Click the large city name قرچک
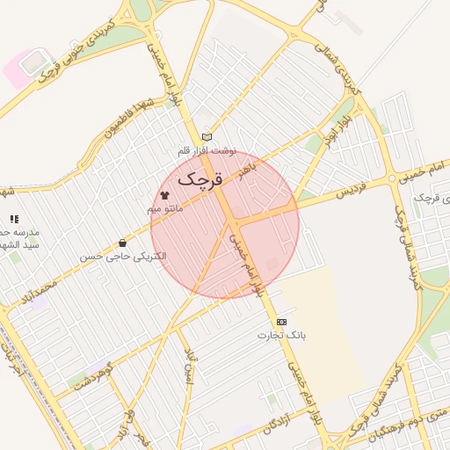click(199, 178)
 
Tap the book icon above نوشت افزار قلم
click(207, 136)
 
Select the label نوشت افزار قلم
click(207, 150)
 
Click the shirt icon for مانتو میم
click(164, 194)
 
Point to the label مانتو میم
click(164, 208)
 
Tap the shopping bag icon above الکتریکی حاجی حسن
click(122, 243)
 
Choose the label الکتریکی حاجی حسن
click(122, 257)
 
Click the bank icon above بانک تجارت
click(281, 322)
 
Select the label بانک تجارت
click(281, 335)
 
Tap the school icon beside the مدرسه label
click(14, 218)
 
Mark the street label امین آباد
click(188, 368)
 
